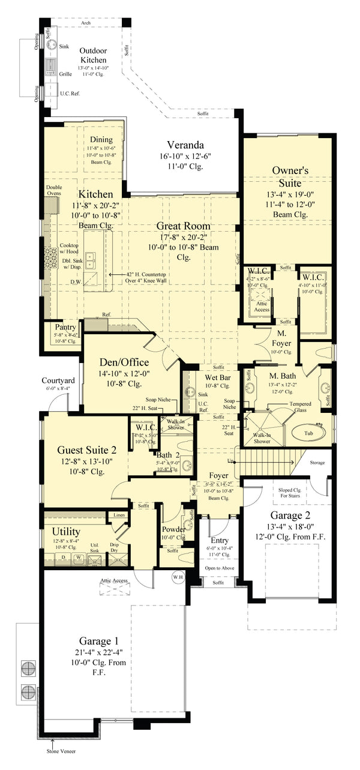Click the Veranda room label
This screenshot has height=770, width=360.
click(x=185, y=145)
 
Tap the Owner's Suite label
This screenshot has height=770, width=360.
click(x=290, y=176)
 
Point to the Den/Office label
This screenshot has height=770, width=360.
click(x=127, y=362)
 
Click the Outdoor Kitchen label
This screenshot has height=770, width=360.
click(x=93, y=55)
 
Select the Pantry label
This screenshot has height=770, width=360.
click(x=65, y=327)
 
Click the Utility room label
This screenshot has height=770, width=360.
click(x=66, y=532)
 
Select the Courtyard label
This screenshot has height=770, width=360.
click(x=58, y=380)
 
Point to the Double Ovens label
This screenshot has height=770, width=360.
click(x=54, y=190)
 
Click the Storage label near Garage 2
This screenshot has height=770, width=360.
click(x=317, y=462)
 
